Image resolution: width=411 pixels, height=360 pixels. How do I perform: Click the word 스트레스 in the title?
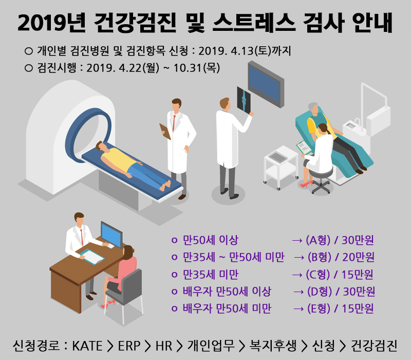pyautogui.click(x=254, y=23)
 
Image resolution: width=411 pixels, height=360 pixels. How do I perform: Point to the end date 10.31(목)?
pyautogui.click(x=197, y=68)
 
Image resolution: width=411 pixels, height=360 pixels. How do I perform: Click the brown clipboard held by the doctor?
pyautogui.click(x=165, y=131)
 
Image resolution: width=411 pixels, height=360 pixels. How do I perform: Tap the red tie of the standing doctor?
pyautogui.click(x=174, y=123)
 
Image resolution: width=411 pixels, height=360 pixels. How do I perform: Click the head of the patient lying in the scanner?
pyautogui.click(x=100, y=146)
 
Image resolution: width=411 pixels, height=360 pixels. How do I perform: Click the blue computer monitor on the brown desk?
pyautogui.click(x=111, y=235)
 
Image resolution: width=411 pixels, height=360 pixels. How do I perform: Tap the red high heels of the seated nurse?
pyautogui.click(x=306, y=184)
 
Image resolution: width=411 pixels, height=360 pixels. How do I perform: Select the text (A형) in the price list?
pyautogui.click(x=317, y=240)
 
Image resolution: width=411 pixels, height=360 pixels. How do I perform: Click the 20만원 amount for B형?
pyautogui.click(x=358, y=257)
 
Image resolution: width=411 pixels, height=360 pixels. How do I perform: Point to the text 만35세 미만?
pyautogui.click(x=211, y=275)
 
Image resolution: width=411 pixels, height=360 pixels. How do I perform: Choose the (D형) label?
pyautogui.click(x=319, y=292)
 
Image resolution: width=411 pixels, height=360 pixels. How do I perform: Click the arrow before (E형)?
pyautogui.click(x=298, y=309)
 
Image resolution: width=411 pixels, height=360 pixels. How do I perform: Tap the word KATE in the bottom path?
pyautogui.click(x=87, y=346)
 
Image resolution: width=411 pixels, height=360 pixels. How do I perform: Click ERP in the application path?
pyautogui.click(x=129, y=346)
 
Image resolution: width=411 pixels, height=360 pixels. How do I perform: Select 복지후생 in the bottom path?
pyautogui.click(x=273, y=346)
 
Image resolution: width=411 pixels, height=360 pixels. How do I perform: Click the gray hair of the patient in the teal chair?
pyautogui.click(x=312, y=106)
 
